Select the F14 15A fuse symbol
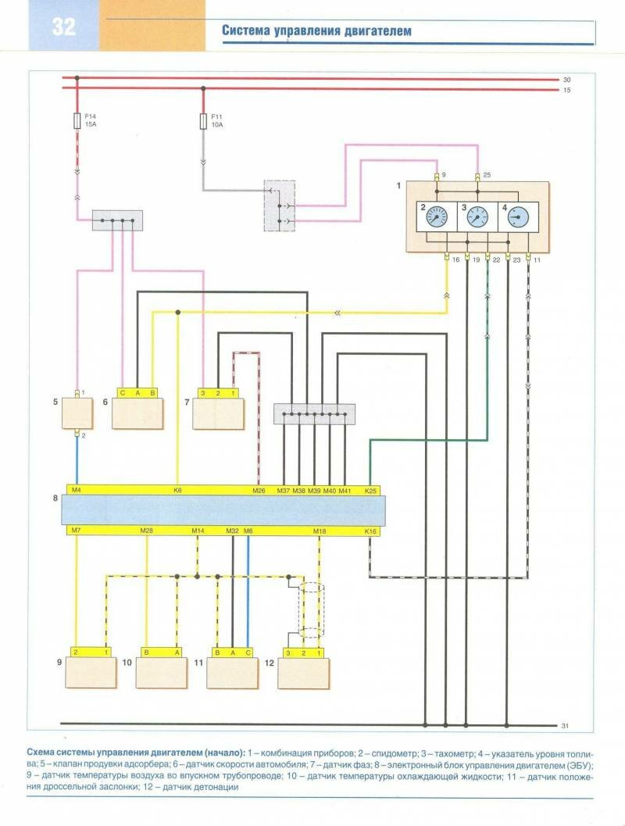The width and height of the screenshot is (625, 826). tap(77, 121)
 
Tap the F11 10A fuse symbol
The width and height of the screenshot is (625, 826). tap(204, 122)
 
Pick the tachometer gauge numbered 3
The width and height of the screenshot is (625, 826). tap(476, 216)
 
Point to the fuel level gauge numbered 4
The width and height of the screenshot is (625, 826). tap(516, 216)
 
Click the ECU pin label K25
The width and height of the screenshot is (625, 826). tap(371, 491)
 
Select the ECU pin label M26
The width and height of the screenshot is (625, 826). tap(259, 491)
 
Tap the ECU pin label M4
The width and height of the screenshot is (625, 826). tap(76, 491)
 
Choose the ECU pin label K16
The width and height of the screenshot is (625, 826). tap(370, 531)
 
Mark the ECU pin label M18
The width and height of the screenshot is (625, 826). tap(319, 531)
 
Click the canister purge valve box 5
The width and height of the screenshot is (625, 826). tap(77, 413)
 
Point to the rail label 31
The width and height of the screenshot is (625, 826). tap(566, 726)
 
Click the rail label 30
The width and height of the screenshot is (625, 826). tap(566, 79)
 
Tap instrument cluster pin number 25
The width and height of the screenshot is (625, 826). tap(486, 173)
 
